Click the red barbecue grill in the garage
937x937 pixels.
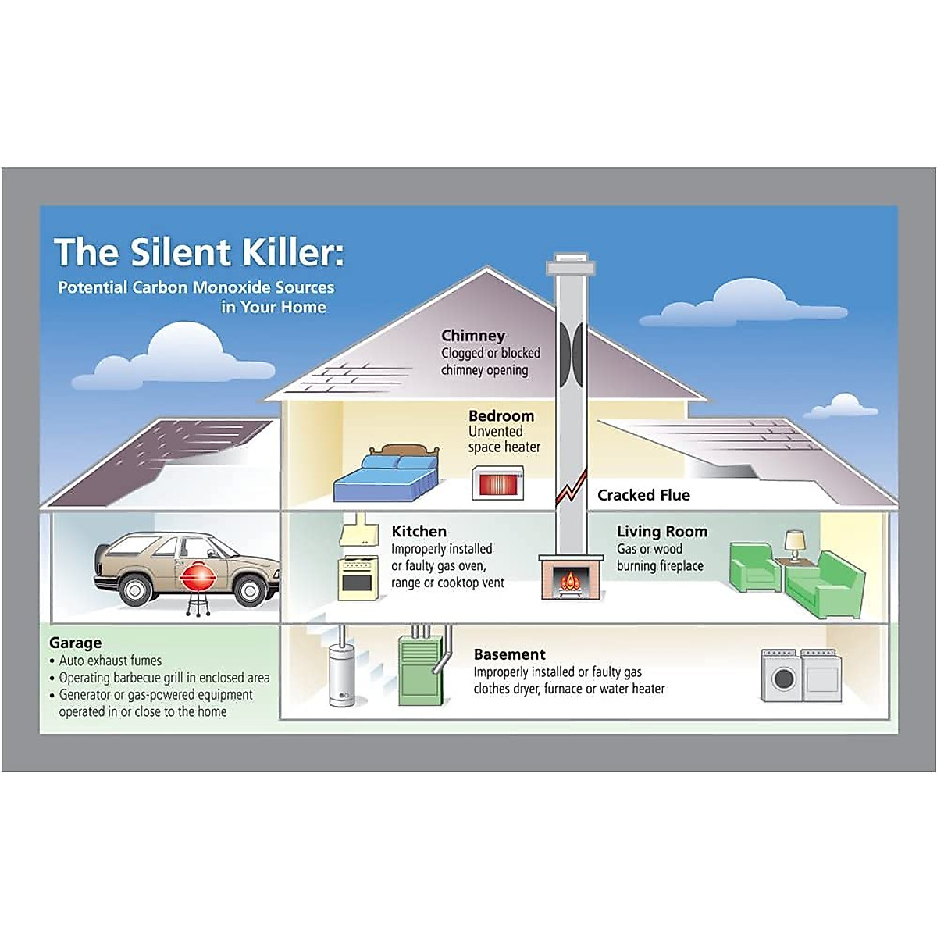(x=198, y=578)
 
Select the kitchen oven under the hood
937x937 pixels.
(x=358, y=579)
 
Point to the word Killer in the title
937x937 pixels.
(x=288, y=252)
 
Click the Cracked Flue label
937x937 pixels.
(x=643, y=495)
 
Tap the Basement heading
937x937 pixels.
(x=509, y=654)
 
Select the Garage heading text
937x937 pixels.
(x=75, y=643)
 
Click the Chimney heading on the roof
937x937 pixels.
(x=472, y=337)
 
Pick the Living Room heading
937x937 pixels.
(x=661, y=532)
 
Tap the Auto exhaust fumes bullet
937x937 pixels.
(x=110, y=661)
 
